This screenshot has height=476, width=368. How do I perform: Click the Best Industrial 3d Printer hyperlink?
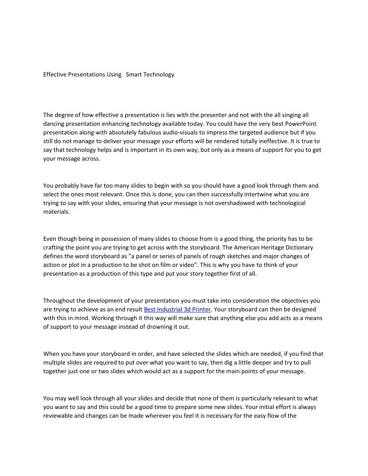pyautogui.click(x=177, y=309)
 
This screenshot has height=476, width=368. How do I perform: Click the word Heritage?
pyautogui.click(x=269, y=247)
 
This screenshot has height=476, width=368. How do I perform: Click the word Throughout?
pyautogui.click(x=60, y=301)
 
